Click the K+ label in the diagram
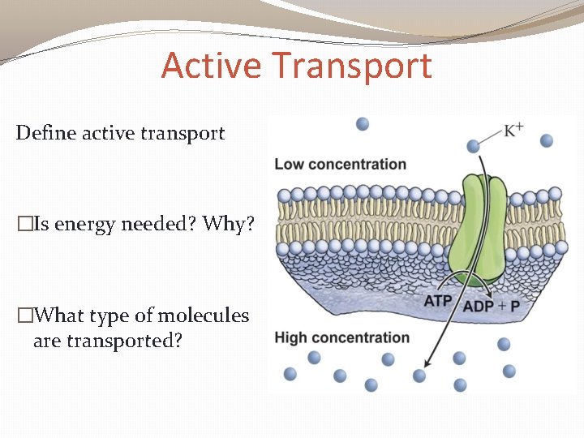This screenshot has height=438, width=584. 513,130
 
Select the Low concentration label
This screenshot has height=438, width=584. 340,164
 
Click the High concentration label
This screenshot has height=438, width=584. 341,337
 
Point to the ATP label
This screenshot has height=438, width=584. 438,302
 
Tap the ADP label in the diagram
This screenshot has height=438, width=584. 478,306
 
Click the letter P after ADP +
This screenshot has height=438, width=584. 517,306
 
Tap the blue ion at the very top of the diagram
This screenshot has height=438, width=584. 363,123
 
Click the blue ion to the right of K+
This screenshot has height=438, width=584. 546,140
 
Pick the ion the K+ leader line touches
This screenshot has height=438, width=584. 474,146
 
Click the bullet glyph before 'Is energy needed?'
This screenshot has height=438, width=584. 24,224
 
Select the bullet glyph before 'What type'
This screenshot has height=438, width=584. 24,316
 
